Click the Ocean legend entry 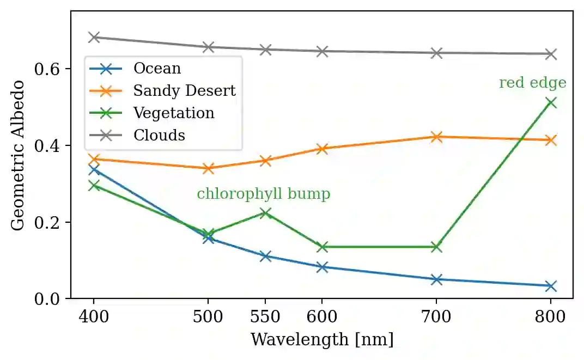[x=157, y=68]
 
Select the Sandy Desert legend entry [x=184, y=90]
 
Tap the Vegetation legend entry [x=174, y=113]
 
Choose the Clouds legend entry [x=159, y=135]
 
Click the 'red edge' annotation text [x=532, y=83]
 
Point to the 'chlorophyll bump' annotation [x=263, y=194]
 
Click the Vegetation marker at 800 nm [x=551, y=102]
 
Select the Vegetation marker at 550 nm [x=265, y=212]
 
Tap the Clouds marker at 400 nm [x=94, y=37]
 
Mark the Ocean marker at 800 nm [x=551, y=286]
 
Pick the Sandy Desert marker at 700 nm [x=436, y=137]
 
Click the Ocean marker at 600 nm [x=322, y=267]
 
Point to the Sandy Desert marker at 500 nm [x=208, y=168]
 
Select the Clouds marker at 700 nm [x=436, y=53]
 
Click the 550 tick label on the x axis [x=265, y=316]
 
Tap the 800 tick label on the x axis [x=551, y=316]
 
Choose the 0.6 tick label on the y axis [x=46, y=69]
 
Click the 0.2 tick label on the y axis [x=46, y=223]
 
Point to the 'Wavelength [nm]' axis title [x=321, y=340]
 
